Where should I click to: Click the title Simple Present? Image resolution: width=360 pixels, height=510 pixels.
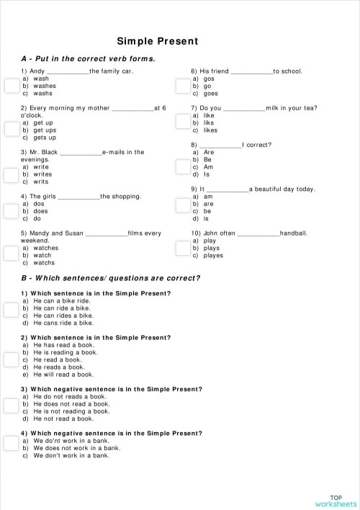coord(157,41)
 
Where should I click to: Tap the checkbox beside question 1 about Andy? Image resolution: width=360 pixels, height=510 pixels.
coord(12,86)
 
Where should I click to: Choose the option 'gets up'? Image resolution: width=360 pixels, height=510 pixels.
coord(44,137)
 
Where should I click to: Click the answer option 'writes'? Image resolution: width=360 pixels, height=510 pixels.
coord(42,174)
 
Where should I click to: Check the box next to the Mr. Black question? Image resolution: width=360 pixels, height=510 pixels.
coord(12,174)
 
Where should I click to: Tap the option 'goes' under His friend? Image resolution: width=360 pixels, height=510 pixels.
coord(210,93)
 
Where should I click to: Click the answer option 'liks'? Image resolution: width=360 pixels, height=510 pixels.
coord(209,122)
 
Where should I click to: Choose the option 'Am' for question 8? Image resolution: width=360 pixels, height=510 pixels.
coord(208,167)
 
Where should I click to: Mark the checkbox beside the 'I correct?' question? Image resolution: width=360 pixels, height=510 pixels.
coord(182,167)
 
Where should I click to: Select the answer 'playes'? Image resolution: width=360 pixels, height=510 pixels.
coord(213,256)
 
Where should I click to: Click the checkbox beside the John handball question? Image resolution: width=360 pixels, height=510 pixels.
coord(182,249)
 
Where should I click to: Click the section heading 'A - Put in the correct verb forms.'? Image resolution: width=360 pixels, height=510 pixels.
coord(89,58)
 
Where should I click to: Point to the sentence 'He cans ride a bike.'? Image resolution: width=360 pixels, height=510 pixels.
coord(63,323)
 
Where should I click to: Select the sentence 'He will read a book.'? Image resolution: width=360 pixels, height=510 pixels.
coord(63,375)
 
